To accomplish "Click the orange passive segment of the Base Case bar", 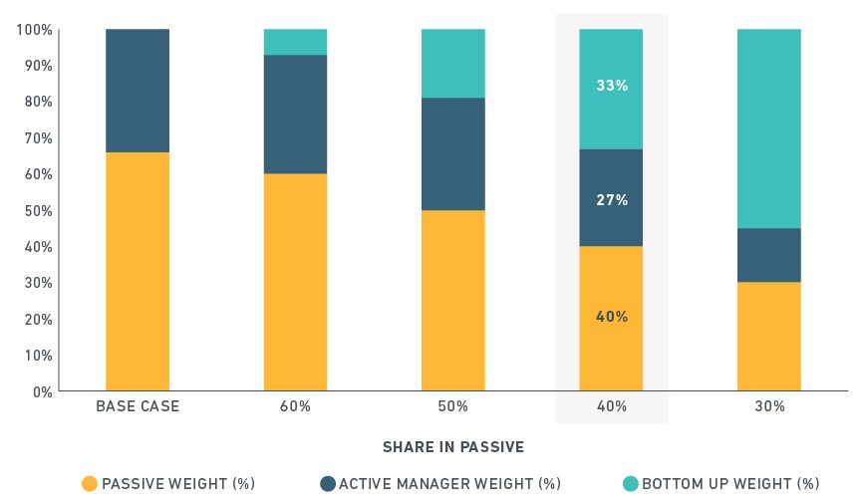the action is coord(138,271).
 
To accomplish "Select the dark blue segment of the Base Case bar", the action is coord(138,91).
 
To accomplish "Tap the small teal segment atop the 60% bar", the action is coord(295,42).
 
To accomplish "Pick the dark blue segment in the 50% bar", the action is coord(452,154).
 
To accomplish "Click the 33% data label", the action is coord(612,86).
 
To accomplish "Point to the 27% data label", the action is coord(612,200).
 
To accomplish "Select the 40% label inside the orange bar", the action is coord(612,317).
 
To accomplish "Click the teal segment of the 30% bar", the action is coord(768,128).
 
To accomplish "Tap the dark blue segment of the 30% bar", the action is coord(768,255).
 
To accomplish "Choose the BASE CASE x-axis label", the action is coord(138,406).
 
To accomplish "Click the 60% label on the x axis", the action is coord(295,406).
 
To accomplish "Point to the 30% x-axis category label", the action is coord(769,406).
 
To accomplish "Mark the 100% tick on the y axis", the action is coord(34,30).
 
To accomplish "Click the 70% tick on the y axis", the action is coord(38,138).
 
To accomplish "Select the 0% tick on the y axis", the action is coord(43,392).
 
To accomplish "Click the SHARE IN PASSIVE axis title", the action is coord(453,447).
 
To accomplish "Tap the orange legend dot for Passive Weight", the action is coord(90,484).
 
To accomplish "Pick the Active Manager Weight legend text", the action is coord(450,484).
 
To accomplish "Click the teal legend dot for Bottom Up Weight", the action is coord(631,484).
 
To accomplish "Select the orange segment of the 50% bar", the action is coord(452,301).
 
